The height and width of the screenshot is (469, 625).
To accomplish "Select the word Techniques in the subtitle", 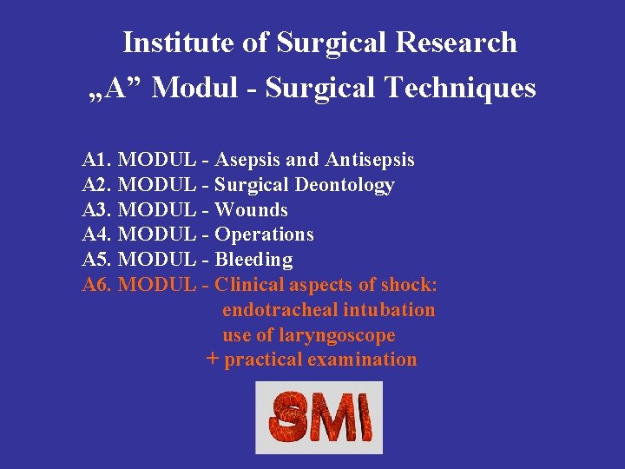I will (461, 88).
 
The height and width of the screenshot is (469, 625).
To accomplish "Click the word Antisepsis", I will (370, 160).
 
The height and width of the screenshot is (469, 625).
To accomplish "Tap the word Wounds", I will (251, 210).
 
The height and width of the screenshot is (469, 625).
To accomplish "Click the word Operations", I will (264, 234).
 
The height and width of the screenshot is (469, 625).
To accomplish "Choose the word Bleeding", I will (253, 260).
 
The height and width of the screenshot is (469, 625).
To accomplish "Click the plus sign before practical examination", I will (213, 359).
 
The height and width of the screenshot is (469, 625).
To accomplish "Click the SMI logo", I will (319, 418).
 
